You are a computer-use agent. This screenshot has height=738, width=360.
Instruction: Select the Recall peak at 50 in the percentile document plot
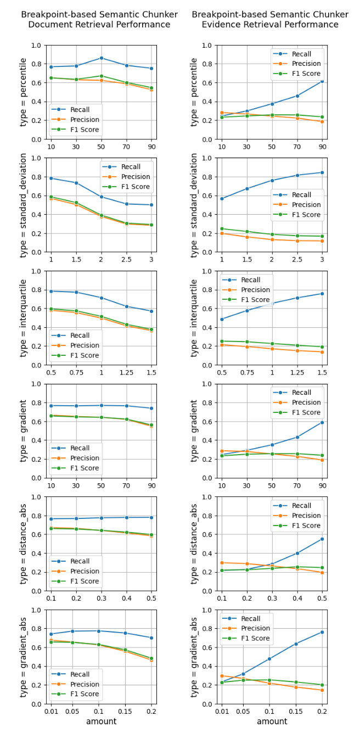pyautogui.click(x=101, y=58)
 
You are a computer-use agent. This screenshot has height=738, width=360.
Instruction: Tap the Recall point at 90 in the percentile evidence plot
pyautogui.click(x=322, y=81)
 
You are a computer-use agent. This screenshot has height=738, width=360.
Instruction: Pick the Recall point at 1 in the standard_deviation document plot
pyautogui.click(x=51, y=178)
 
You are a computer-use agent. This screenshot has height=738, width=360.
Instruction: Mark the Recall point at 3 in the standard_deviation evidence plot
pyautogui.click(x=322, y=172)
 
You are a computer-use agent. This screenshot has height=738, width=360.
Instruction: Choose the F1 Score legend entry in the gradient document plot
pyautogui.click(x=81, y=468)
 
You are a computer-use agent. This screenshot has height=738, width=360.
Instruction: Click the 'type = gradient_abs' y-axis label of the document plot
pyautogui.click(x=24, y=657)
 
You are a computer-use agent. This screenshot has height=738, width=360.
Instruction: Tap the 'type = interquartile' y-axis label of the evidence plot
pyautogui.click(x=194, y=318)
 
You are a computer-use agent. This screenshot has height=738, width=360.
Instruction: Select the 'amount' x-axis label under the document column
pyautogui.click(x=101, y=722)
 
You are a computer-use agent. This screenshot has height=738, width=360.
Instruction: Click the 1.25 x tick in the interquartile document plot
pyautogui.click(x=126, y=372)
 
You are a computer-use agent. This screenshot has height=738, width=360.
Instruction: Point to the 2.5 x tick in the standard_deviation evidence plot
pyautogui.click(x=297, y=259)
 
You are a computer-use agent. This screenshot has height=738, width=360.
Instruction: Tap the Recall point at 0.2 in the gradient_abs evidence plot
pyautogui.click(x=322, y=632)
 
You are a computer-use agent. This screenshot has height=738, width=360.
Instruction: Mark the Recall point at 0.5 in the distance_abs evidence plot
pyautogui.click(x=322, y=539)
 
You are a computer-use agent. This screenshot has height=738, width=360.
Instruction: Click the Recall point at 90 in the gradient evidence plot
pyautogui.click(x=322, y=422)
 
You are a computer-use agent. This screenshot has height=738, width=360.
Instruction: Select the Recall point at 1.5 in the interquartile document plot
pyautogui.click(x=151, y=311)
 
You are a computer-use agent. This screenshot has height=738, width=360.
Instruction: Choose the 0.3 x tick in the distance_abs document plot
pyautogui.click(x=101, y=598)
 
